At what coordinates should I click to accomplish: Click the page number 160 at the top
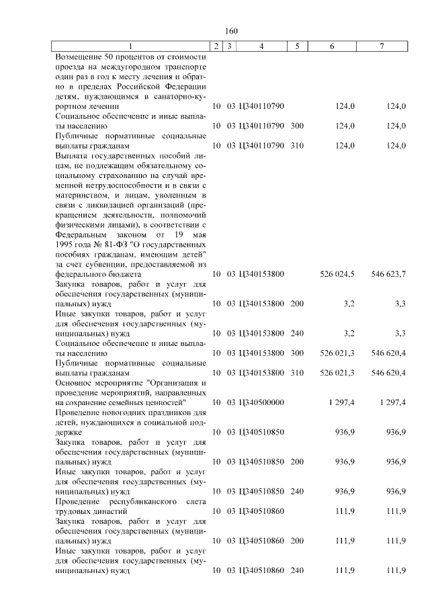tap(232, 31)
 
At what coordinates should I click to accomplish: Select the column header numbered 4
tap(261, 46)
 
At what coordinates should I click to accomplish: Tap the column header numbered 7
tap(382, 46)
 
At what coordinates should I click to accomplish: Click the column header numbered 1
tap(131, 46)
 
